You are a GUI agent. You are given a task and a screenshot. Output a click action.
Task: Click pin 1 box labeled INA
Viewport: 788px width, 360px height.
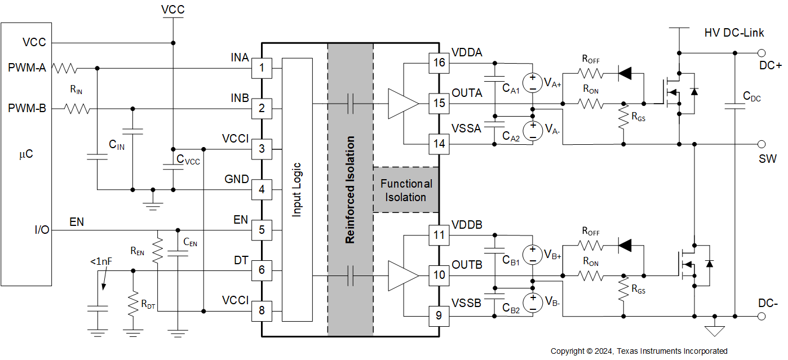(x=262, y=68)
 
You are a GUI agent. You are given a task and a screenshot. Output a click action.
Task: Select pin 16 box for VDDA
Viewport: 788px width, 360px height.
(x=439, y=63)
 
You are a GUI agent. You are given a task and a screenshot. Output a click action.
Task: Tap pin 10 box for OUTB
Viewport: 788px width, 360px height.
(x=439, y=275)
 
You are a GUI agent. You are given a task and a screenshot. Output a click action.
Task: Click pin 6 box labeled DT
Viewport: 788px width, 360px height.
(x=262, y=270)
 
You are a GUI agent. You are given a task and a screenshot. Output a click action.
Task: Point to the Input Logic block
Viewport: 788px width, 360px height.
(x=296, y=189)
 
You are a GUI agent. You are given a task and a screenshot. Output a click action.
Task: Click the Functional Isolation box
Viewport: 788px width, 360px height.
(x=406, y=190)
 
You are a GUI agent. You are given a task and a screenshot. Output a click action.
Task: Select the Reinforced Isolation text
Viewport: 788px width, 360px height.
(x=350, y=189)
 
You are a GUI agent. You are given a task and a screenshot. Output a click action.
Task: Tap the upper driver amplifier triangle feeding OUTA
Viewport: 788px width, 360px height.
(x=402, y=104)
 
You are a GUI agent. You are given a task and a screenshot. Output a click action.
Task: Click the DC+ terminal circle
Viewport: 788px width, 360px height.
(x=762, y=53)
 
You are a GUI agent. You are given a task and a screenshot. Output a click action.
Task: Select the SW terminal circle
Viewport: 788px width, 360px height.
(x=762, y=144)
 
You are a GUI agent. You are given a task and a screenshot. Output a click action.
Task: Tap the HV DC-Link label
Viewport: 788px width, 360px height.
(x=734, y=33)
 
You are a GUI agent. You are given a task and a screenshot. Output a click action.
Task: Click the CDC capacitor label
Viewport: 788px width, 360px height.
(x=752, y=97)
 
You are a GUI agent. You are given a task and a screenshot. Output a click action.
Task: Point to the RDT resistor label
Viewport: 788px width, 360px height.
(x=148, y=305)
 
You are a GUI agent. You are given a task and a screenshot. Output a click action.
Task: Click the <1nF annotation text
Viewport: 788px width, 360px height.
(x=100, y=261)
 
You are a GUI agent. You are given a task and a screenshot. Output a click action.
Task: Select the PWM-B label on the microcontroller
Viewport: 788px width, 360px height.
(x=27, y=108)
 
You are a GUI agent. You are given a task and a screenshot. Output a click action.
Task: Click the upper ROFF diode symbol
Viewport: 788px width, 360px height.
(x=625, y=73)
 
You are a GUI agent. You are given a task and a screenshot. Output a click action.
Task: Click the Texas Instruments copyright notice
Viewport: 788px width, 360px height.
(x=639, y=351)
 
